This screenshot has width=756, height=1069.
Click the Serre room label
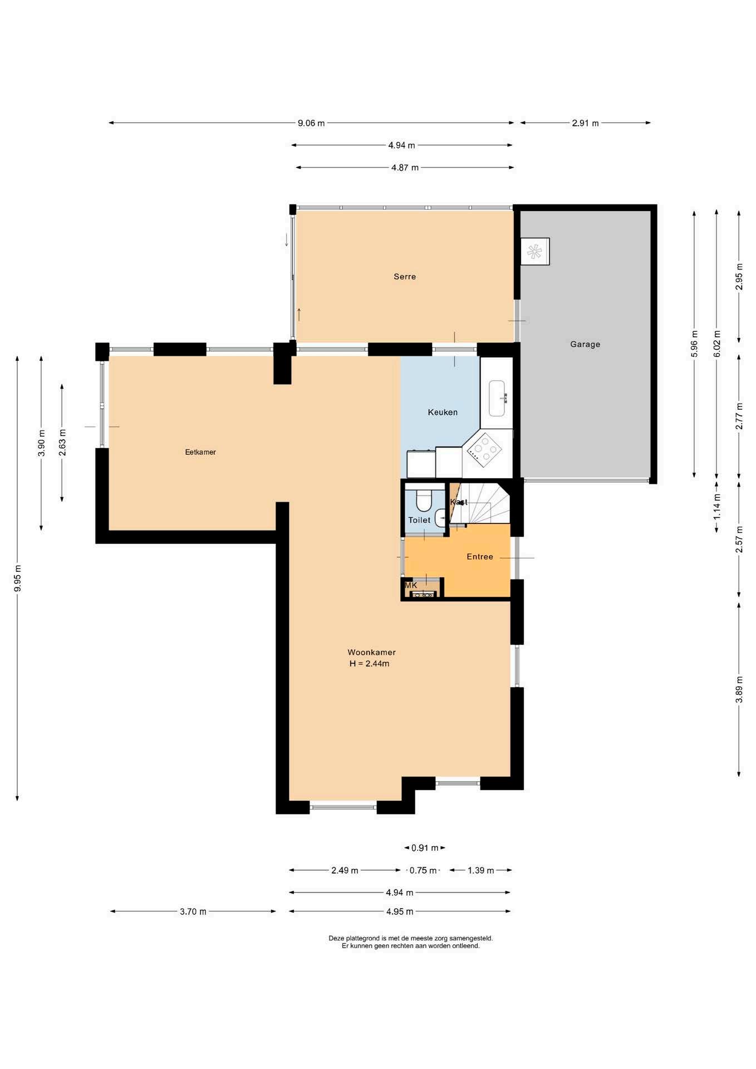tap(405, 277)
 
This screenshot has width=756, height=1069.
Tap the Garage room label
tap(585, 345)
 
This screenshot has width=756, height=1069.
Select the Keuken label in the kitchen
tap(443, 413)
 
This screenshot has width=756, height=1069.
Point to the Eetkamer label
tap(200, 452)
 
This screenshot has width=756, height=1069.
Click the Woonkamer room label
tap(371, 653)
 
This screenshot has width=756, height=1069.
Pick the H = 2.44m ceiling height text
tap(369, 664)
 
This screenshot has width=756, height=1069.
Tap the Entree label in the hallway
tap(480, 557)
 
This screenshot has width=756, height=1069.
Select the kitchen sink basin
tap(497, 398)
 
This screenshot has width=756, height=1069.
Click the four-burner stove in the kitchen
tap(484, 448)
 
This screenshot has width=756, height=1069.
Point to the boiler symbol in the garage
tap(535, 252)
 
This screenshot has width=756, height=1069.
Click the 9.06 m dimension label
tap(311, 123)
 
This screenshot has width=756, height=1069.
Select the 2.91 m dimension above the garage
tap(585, 123)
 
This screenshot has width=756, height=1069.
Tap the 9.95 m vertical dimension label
tap(18, 578)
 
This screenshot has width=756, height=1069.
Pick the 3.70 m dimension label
tap(193, 911)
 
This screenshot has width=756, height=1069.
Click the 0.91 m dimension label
tap(425, 848)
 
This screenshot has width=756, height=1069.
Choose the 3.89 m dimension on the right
tap(739, 689)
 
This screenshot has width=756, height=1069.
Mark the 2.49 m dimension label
tap(345, 870)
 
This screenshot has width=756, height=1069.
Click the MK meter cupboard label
tap(411, 586)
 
